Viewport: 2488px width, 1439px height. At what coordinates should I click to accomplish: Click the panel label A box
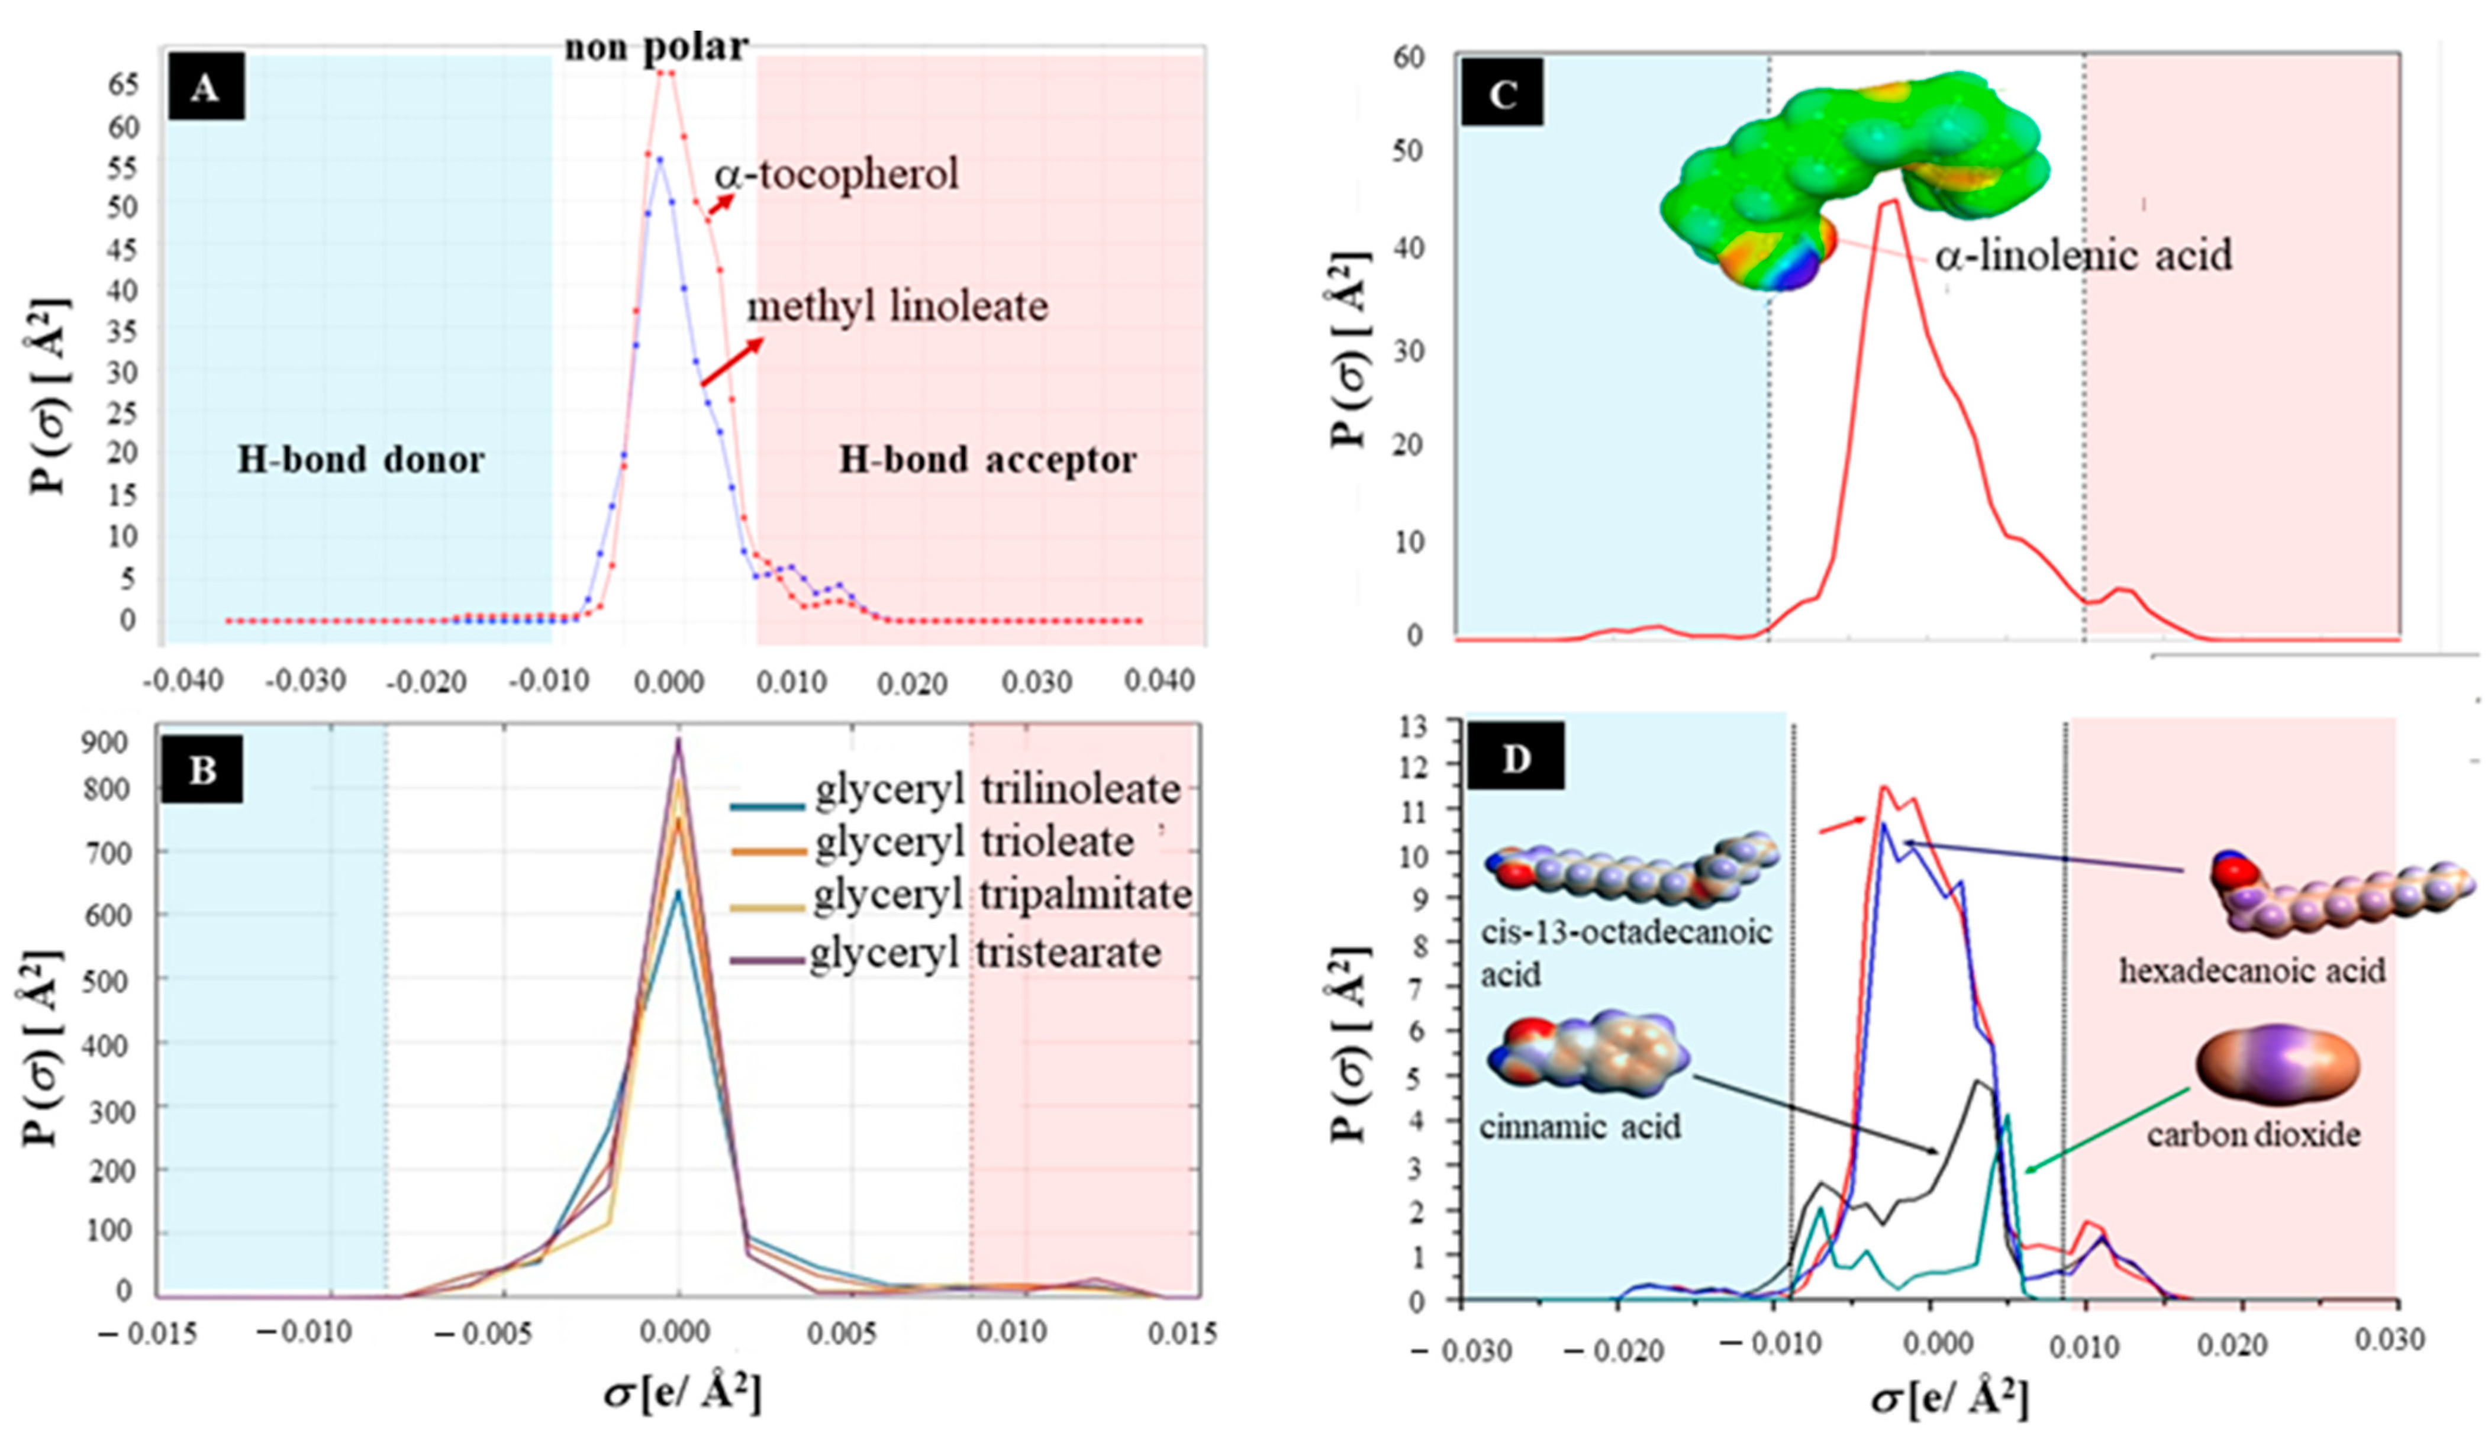(x=204, y=89)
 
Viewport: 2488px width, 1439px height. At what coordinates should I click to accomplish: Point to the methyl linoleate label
(x=897, y=307)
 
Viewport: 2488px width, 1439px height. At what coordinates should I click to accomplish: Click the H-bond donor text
(x=360, y=460)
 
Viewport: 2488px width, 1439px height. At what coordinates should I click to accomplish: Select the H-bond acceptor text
(x=987, y=460)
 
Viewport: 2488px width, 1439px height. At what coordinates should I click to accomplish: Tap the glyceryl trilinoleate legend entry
(x=997, y=789)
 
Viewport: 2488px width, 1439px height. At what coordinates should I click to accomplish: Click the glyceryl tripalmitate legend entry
(x=1002, y=895)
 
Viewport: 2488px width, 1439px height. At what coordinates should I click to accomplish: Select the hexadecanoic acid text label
(x=2252, y=970)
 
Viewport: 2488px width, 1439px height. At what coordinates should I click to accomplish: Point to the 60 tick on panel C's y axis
(x=1409, y=58)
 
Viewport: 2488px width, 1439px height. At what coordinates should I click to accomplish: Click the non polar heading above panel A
(x=656, y=46)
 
